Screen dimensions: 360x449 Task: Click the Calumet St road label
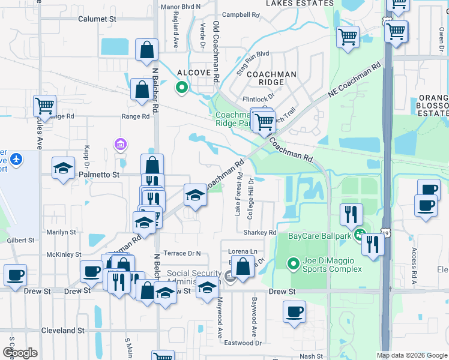(97, 19)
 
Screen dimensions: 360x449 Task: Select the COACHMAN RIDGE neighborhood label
(271, 78)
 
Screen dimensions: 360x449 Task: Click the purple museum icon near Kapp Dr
(120, 144)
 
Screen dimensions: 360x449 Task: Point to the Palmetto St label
(100, 175)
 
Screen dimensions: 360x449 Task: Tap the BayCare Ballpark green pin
(359, 235)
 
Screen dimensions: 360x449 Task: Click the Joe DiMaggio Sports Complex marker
(293, 263)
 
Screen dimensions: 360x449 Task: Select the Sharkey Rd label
(259, 233)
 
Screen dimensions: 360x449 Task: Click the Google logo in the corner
(20, 353)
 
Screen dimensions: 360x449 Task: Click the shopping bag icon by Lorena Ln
(243, 267)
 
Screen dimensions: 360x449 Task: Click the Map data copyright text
(411, 355)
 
